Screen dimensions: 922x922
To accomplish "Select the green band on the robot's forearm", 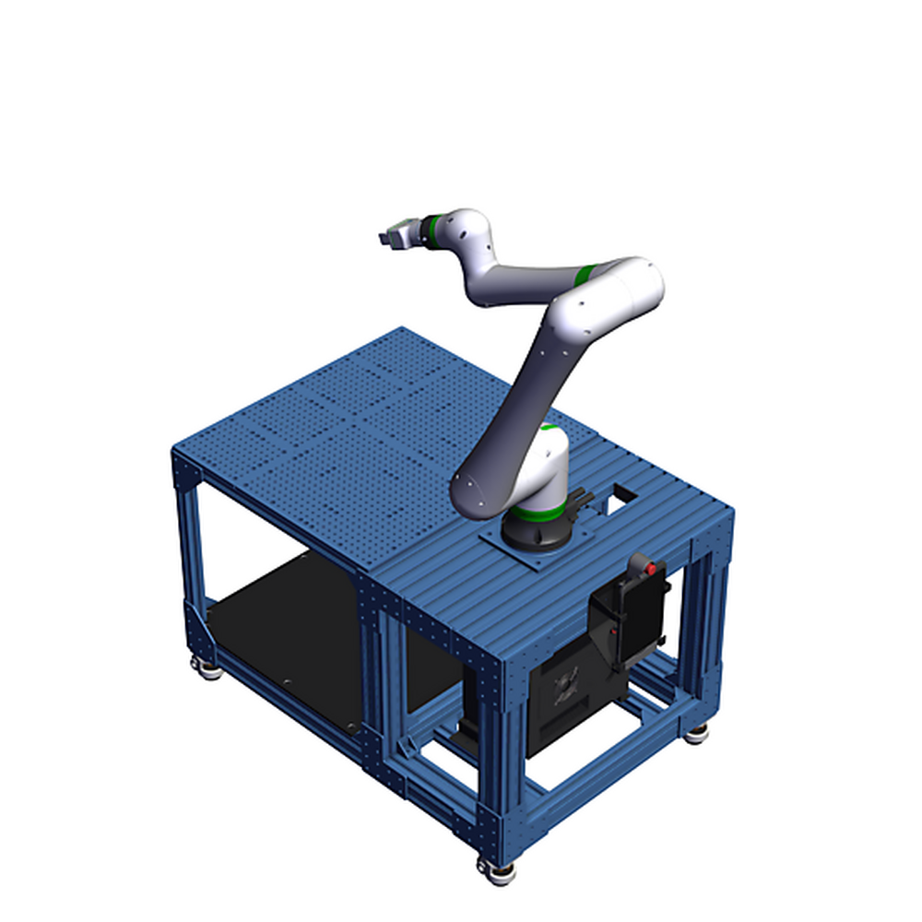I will click(585, 274).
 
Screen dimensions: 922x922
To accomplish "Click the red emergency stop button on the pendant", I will click(652, 567).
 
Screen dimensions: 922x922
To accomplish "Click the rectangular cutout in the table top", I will click(623, 497).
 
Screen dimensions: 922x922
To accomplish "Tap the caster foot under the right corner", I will click(697, 733).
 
